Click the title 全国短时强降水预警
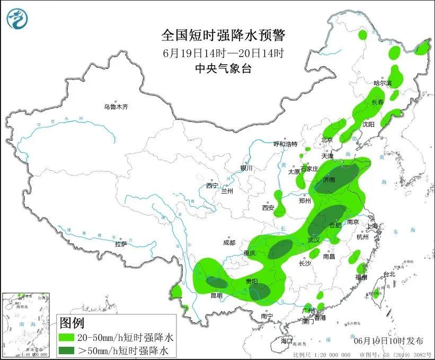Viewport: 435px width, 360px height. [x=223, y=36]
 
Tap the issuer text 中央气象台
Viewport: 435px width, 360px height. [x=223, y=68]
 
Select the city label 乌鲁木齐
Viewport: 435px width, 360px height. [x=116, y=107]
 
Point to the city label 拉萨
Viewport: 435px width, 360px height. [x=121, y=244]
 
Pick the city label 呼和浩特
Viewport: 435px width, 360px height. [x=285, y=144]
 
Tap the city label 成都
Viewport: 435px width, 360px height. [x=229, y=243]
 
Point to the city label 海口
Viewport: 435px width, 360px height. [x=287, y=340]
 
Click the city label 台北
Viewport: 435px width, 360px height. [x=389, y=274]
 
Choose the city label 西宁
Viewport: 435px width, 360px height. [x=212, y=186]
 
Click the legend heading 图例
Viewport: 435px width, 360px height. [x=72, y=322]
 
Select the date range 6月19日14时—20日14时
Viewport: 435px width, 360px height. [x=223, y=53]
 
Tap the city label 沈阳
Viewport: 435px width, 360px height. [x=368, y=124]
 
